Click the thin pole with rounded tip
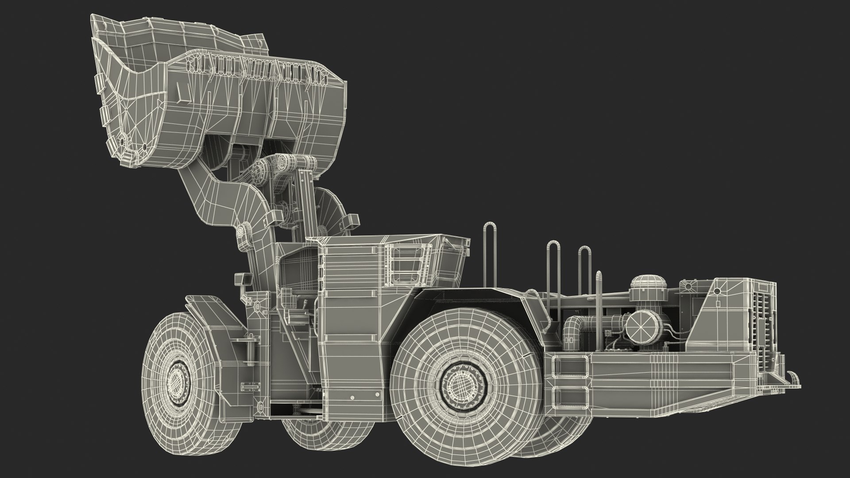pos(599,301)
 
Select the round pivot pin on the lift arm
pos(242,231)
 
